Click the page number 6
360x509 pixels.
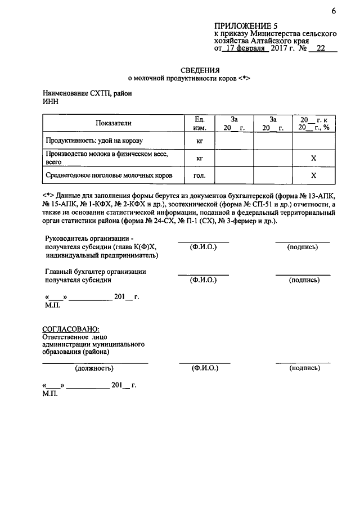tap(333, 11)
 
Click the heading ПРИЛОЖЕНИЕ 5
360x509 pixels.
tap(246, 26)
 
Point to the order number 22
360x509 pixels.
tap(321, 49)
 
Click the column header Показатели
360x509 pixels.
tap(113, 123)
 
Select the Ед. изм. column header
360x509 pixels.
tap(199, 124)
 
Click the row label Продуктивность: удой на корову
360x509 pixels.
tap(94, 140)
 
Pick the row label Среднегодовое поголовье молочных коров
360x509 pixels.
tap(109, 175)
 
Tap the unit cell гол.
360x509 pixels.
tap(199, 176)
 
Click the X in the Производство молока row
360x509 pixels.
tap(313, 159)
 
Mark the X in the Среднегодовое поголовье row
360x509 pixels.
tap(313, 176)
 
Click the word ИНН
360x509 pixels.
tap(50, 102)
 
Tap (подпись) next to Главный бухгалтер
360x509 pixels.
tap(304, 280)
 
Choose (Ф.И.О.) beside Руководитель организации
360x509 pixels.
tap(204, 247)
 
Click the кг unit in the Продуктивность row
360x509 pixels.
tap(199, 141)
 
